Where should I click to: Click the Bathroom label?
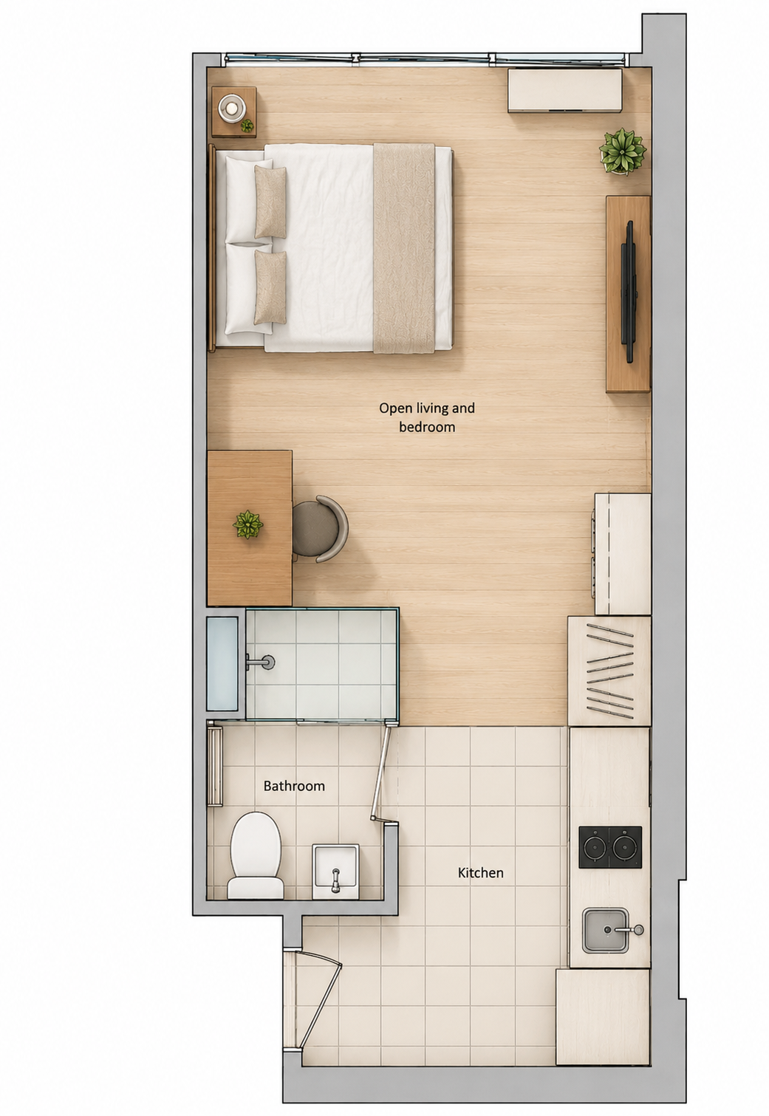click(294, 786)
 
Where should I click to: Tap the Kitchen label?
click(480, 872)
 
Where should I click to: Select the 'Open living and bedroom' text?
click(427, 417)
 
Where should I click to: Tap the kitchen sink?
click(606, 930)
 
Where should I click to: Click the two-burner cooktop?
click(610, 847)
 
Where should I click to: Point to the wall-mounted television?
click(629, 292)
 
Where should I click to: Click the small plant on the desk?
click(247, 524)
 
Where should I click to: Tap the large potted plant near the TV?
click(623, 151)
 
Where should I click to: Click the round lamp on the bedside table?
click(232, 107)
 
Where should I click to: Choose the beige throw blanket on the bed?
click(404, 248)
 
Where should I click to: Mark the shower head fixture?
click(261, 662)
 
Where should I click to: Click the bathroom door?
click(381, 773)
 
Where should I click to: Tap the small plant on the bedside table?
click(247, 126)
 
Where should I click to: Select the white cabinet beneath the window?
click(565, 90)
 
